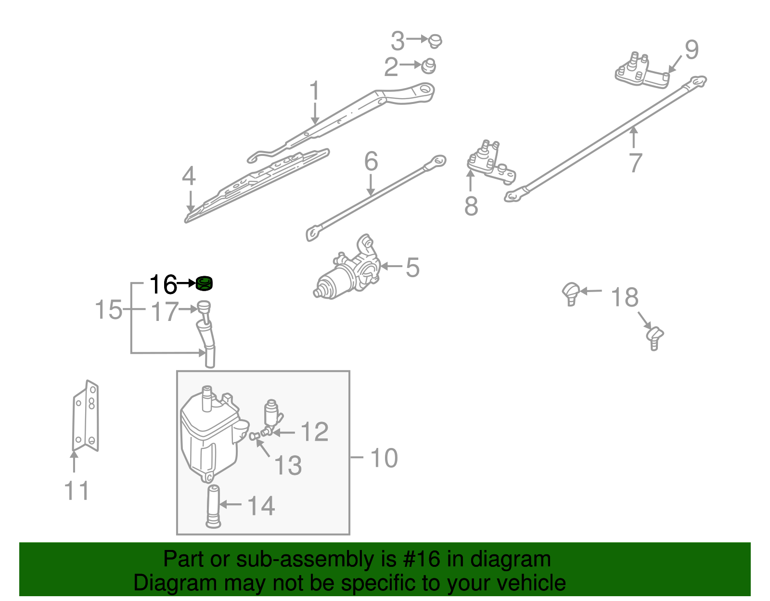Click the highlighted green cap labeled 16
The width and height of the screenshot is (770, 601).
(x=205, y=284)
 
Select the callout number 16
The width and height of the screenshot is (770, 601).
(x=163, y=285)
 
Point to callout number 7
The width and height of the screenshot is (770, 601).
(x=635, y=163)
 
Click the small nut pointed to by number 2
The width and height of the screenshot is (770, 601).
(x=428, y=66)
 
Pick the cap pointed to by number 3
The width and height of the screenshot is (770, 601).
(x=436, y=40)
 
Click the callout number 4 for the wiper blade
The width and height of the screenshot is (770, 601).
(x=189, y=176)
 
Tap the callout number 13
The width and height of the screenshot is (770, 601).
(x=288, y=465)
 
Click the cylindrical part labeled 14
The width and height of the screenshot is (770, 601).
(x=213, y=508)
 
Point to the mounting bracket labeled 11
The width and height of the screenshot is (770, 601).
(x=86, y=417)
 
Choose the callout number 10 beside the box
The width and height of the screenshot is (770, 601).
(x=384, y=458)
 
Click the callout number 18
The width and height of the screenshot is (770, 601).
(x=625, y=297)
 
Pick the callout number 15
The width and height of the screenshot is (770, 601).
(x=109, y=309)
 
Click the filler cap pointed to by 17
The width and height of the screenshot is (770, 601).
(x=204, y=307)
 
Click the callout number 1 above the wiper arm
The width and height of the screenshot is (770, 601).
(x=314, y=91)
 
